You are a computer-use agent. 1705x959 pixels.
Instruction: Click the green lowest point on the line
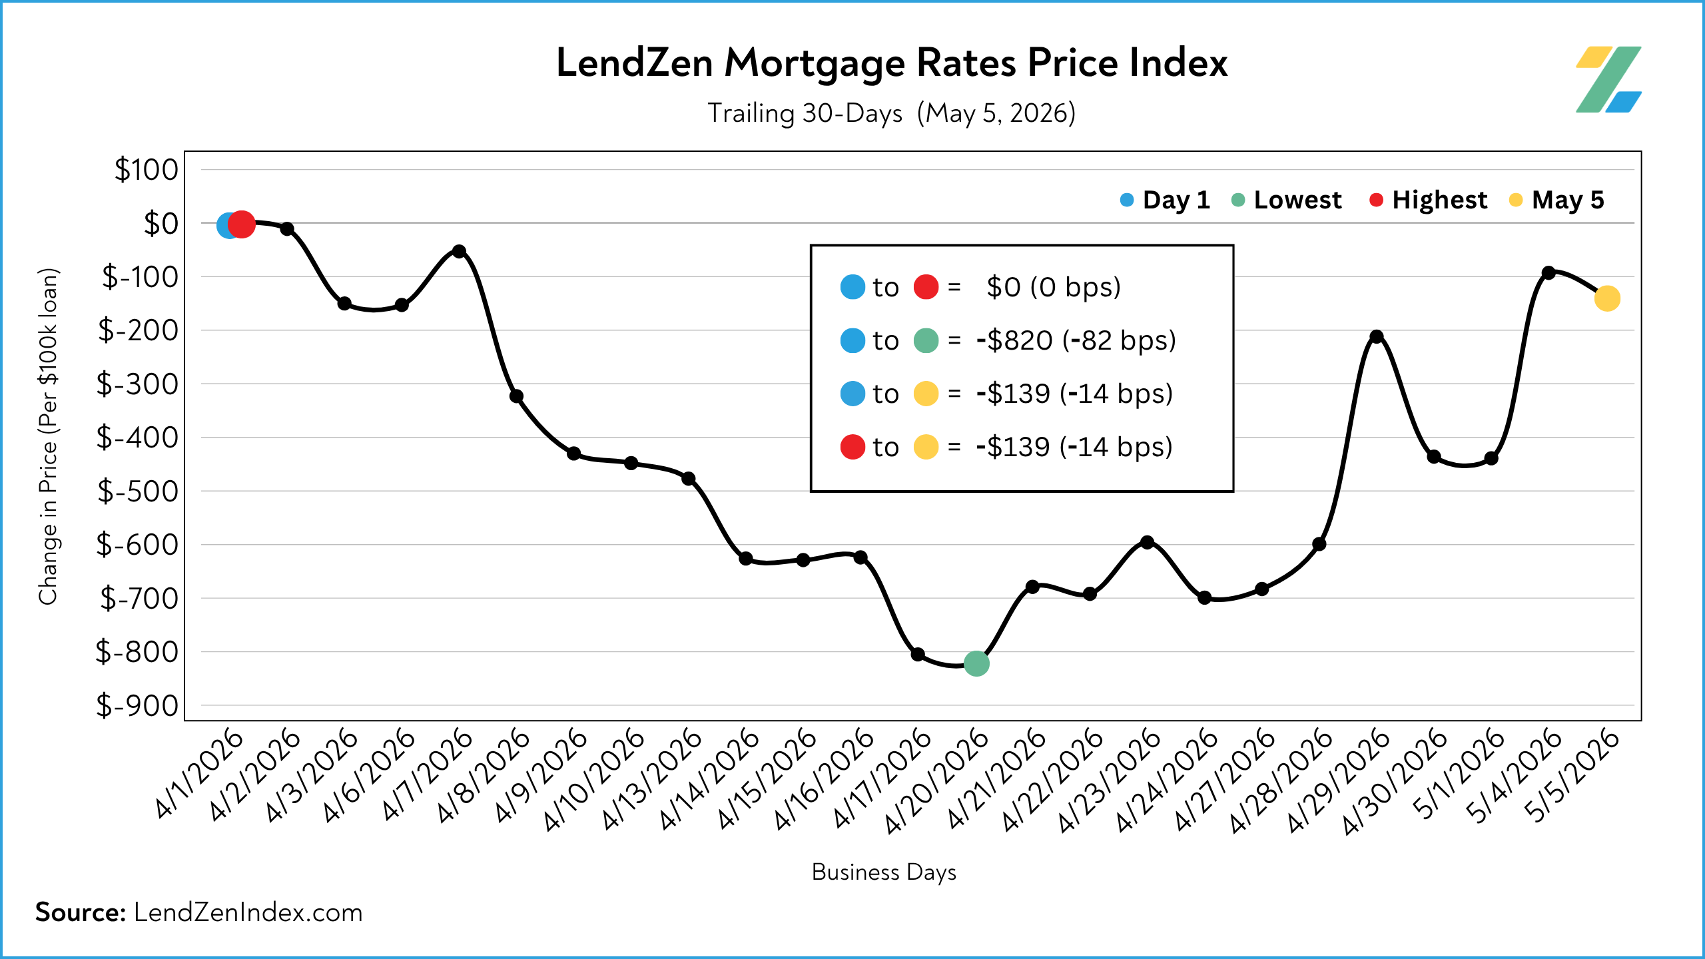(x=976, y=663)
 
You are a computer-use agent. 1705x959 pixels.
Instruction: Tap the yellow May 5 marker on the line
(x=1607, y=298)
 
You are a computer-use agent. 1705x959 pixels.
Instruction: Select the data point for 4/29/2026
(x=1377, y=337)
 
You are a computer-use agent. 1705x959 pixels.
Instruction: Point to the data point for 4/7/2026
(x=459, y=251)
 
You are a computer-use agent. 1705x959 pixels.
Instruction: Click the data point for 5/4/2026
(x=1548, y=272)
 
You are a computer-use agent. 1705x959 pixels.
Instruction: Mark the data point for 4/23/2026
(x=1147, y=542)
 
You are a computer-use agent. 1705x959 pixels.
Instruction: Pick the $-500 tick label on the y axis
(x=138, y=491)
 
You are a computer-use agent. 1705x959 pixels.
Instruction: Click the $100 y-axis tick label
(x=147, y=169)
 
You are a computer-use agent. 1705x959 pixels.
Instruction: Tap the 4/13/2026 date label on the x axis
(x=652, y=779)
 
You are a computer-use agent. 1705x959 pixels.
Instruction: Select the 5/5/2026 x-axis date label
(x=1571, y=776)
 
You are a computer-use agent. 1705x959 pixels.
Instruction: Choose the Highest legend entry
(x=1428, y=200)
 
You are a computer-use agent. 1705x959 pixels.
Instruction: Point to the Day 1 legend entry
(x=1165, y=200)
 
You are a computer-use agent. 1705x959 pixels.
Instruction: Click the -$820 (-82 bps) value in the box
(x=1076, y=340)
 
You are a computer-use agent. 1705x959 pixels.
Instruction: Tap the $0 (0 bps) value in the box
(x=1054, y=287)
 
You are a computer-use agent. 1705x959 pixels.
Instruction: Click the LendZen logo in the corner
(x=1608, y=79)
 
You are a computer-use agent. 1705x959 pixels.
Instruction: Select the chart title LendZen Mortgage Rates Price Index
(x=892, y=64)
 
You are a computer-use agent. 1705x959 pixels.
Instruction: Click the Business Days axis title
(x=884, y=872)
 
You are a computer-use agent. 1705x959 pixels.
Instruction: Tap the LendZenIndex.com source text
(x=248, y=912)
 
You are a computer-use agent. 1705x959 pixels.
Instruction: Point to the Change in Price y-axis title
(x=49, y=436)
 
